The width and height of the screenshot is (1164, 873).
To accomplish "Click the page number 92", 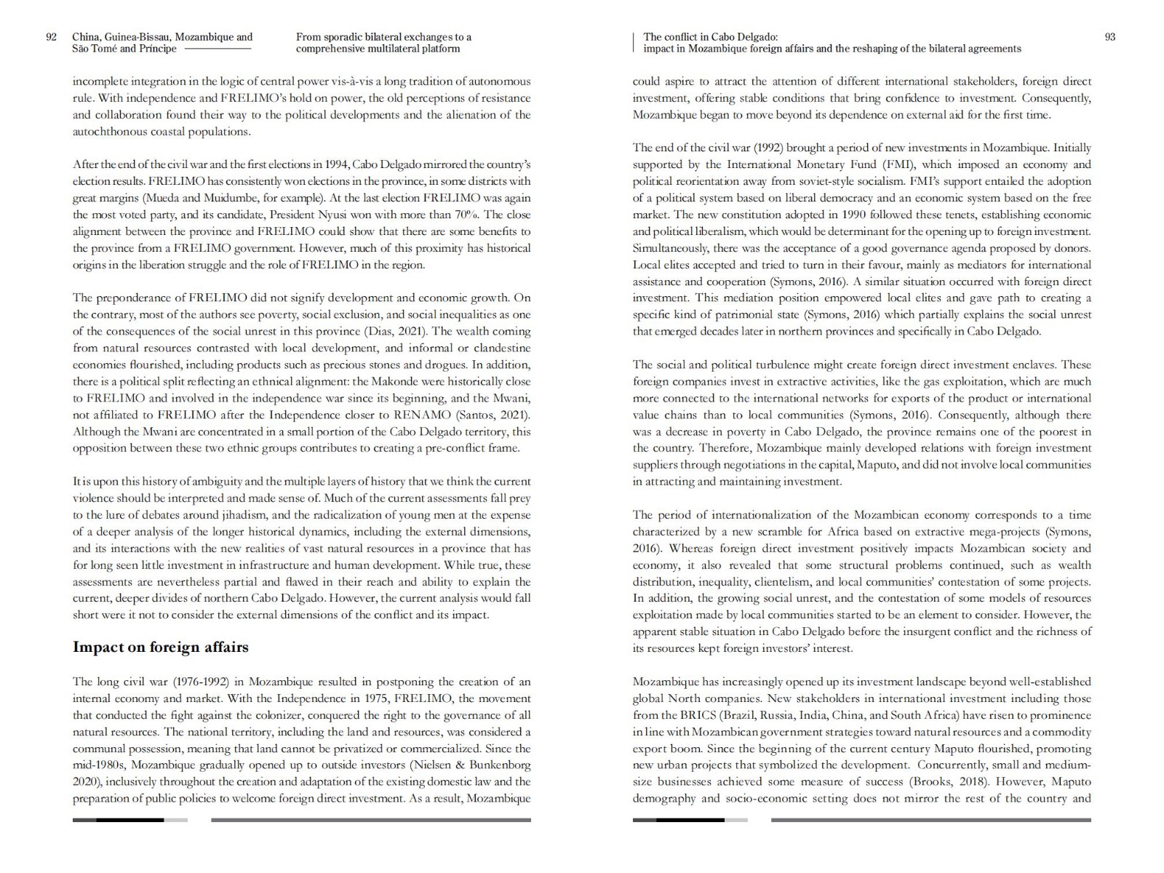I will [51, 37].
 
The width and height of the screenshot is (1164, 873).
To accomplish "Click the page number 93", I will [1109, 37].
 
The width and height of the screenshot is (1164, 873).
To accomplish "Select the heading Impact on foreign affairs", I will [160, 647].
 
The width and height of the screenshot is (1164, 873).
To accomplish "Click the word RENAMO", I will [422, 415].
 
